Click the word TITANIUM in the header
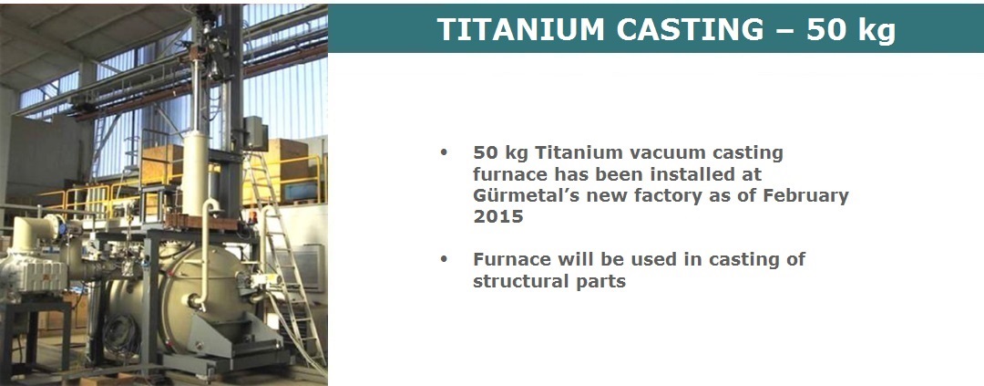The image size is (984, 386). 521,29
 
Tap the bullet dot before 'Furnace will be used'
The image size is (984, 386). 445,258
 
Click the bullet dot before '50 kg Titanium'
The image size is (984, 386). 445,151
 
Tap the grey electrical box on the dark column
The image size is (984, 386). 255,133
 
